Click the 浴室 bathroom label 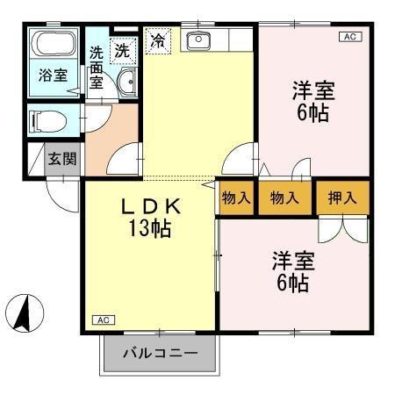point(52,75)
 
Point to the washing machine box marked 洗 point(124,49)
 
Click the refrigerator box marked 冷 point(158,40)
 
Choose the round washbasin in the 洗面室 point(127,83)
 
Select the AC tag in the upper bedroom point(348,37)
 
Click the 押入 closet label point(341,197)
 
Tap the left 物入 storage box point(237,197)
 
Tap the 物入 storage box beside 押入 point(287,197)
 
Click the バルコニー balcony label point(159,354)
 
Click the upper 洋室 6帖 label point(313,102)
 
